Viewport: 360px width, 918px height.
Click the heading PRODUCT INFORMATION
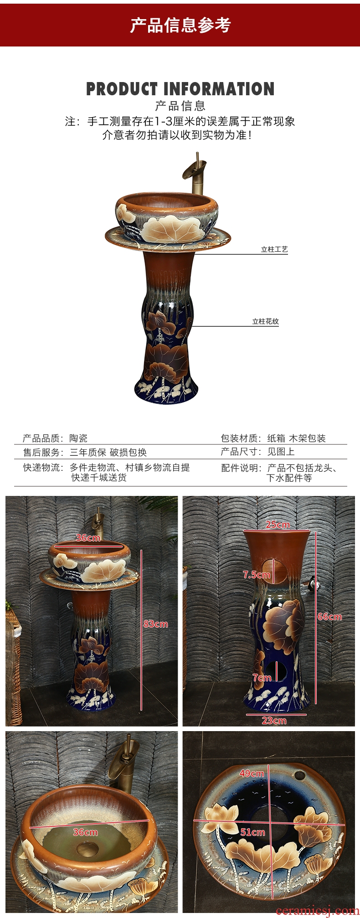[180, 89]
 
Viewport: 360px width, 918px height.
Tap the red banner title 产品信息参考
[180, 25]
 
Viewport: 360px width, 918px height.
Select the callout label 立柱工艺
[274, 249]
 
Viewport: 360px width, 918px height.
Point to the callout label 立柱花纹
[266, 321]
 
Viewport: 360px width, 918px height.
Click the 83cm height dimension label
[155, 624]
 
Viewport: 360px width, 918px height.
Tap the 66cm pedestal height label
[329, 617]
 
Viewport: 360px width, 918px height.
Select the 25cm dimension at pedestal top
[278, 525]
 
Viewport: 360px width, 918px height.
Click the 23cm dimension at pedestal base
[274, 721]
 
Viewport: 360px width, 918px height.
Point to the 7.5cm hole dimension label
[257, 575]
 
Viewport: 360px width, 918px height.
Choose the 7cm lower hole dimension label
[262, 678]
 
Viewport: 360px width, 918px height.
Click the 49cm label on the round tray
[252, 774]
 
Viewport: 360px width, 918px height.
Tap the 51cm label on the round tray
[252, 832]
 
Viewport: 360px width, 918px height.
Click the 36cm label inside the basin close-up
[85, 832]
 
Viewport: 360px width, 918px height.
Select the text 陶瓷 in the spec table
[78, 438]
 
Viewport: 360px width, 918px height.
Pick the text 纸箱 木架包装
[296, 438]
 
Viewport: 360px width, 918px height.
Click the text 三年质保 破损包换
[108, 453]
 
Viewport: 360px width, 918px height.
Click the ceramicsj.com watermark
[317, 911]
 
